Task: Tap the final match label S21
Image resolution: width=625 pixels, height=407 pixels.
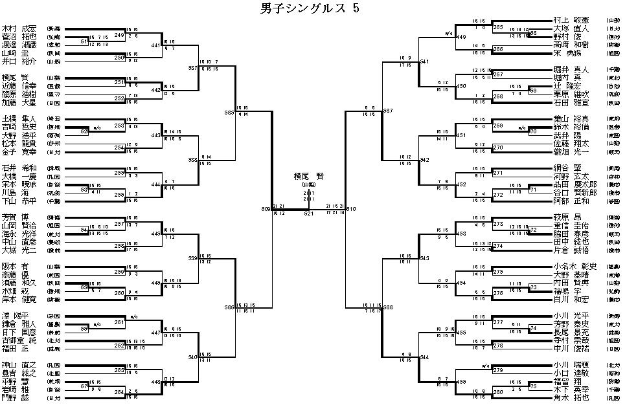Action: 309,213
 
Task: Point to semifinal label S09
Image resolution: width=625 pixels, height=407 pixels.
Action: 266,210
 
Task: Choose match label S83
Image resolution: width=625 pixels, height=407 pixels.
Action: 229,113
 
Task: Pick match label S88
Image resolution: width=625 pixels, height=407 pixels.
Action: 388,309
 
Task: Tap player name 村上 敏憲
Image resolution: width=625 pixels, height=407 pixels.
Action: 571,21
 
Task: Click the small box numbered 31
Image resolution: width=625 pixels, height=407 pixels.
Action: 84,42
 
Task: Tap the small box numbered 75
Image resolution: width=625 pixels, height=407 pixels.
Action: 533,386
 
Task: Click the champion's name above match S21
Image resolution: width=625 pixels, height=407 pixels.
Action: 308,175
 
